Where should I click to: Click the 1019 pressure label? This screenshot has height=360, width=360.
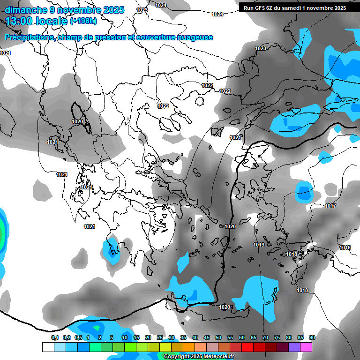(259, 245)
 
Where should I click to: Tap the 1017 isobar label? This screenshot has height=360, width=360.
(330, 206)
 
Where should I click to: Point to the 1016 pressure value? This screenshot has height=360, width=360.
(345, 247)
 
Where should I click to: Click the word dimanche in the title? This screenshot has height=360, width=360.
(26, 10)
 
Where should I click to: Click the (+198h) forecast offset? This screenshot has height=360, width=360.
(83, 21)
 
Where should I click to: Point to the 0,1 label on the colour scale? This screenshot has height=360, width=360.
(54, 337)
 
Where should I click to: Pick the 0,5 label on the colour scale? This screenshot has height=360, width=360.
(78, 337)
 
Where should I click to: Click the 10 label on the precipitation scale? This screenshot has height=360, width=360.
(125, 337)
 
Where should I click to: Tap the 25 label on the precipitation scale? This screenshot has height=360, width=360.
(160, 337)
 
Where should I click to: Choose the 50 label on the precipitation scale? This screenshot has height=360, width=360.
(218, 337)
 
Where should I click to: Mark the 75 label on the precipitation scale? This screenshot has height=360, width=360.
(277, 337)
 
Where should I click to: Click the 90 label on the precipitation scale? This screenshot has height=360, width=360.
(312, 337)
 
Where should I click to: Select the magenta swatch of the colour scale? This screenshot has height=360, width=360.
(306, 347)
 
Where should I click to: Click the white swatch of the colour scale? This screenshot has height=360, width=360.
(48, 347)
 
